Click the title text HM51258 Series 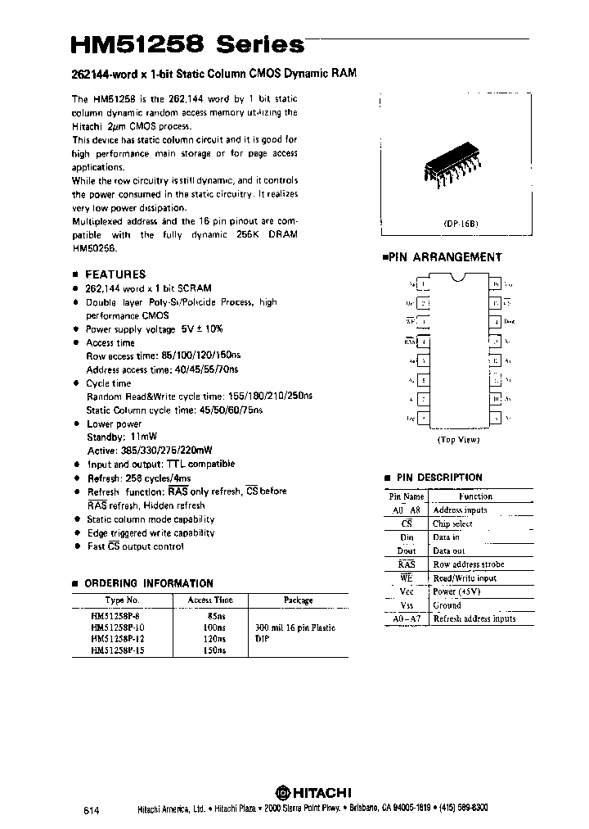(x=187, y=43)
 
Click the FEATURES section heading (x=115, y=274)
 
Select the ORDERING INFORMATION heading (x=149, y=583)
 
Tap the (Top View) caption (x=457, y=439)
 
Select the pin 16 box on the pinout (x=494, y=285)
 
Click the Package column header (x=298, y=600)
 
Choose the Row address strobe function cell (x=468, y=564)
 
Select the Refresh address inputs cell (x=474, y=618)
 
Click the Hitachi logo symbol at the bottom (x=282, y=792)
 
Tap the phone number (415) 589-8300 (x=461, y=808)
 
